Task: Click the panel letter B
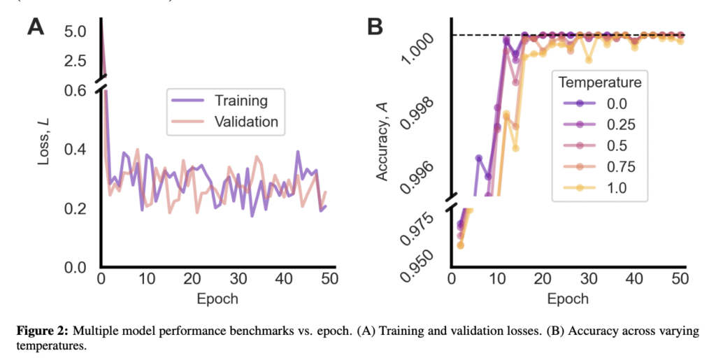click(375, 28)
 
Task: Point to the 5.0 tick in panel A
click(74, 31)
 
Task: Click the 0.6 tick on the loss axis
click(74, 91)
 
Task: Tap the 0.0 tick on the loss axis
click(74, 268)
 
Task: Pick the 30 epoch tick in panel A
click(238, 280)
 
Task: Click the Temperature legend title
click(600, 82)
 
